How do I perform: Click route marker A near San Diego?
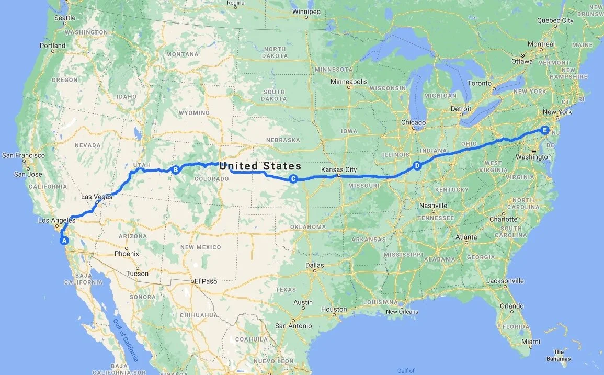point(65,241)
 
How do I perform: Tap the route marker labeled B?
point(176,169)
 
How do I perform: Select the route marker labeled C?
point(293,179)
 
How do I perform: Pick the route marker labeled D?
point(417,166)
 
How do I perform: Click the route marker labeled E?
point(545,130)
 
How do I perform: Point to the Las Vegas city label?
point(95,197)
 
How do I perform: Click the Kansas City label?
point(338,170)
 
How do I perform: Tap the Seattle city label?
point(65,18)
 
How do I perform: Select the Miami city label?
point(530,342)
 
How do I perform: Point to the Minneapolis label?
point(349,82)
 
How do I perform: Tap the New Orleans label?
point(402,312)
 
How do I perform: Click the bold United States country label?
point(260,166)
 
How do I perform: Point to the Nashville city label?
point(433,206)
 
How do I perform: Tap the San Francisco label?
point(24,155)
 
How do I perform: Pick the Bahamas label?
point(559,355)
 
